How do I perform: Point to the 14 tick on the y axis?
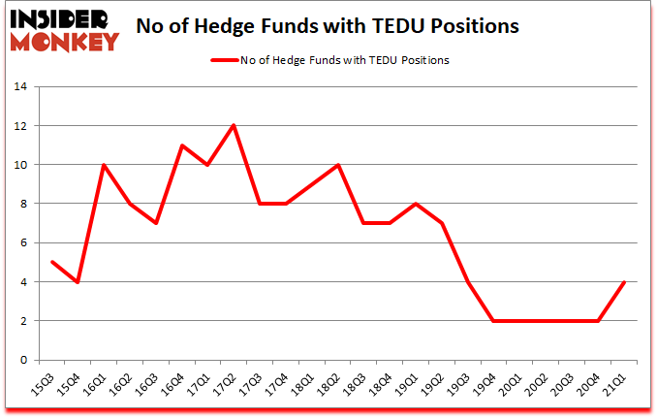tap(22, 87)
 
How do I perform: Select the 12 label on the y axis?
tap(22, 126)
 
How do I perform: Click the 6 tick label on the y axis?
tap(25, 243)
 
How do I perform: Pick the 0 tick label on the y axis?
tap(25, 360)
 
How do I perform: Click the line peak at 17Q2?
tap(234, 126)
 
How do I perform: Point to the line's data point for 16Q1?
tap(103, 165)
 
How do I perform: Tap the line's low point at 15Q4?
tap(77, 282)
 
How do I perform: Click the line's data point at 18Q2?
tap(337, 165)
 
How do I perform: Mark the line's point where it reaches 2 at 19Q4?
tap(494, 321)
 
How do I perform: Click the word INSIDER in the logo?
tap(63, 18)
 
